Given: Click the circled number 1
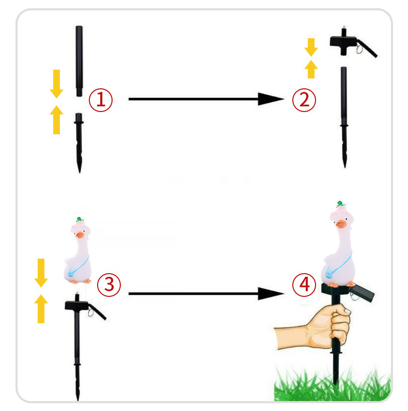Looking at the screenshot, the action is pyautogui.click(x=101, y=100).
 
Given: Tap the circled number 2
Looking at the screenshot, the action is pyautogui.click(x=304, y=100).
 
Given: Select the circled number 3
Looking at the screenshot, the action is pyautogui.click(x=109, y=284).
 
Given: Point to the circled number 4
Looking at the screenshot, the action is pyautogui.click(x=304, y=284).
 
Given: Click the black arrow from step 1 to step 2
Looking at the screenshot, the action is pyautogui.click(x=207, y=99).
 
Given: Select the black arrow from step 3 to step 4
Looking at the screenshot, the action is pyautogui.click(x=207, y=294).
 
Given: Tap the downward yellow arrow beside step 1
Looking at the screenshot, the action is pyautogui.click(x=57, y=84).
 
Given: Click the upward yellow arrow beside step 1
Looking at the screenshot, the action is pyautogui.click(x=57, y=120).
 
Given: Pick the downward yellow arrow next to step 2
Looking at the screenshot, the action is pyautogui.click(x=311, y=48).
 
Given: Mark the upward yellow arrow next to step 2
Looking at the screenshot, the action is pyautogui.click(x=311, y=69).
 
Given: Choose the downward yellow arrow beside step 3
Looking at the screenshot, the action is pyautogui.click(x=41, y=273).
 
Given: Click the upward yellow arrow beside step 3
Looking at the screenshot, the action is pyautogui.click(x=41, y=309).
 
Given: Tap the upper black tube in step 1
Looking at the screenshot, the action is pyautogui.click(x=79, y=61).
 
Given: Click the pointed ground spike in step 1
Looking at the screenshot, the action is pyautogui.click(x=79, y=143).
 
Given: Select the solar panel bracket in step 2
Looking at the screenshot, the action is pyautogui.click(x=353, y=44).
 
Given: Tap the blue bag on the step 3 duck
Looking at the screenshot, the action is pyautogui.click(x=71, y=273).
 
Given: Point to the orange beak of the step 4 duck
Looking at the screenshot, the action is pyautogui.click(x=341, y=225).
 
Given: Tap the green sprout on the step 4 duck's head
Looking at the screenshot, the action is pyautogui.click(x=340, y=203).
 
